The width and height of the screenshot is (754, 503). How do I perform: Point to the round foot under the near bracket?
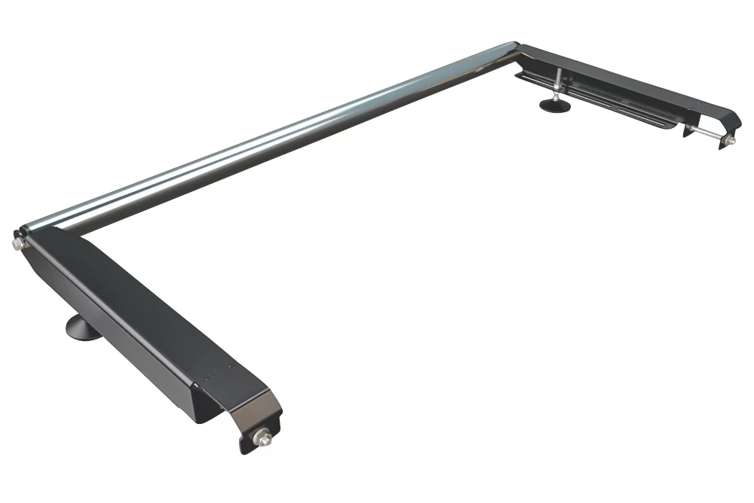(84, 328)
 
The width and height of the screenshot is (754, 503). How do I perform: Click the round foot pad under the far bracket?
(556, 105)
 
